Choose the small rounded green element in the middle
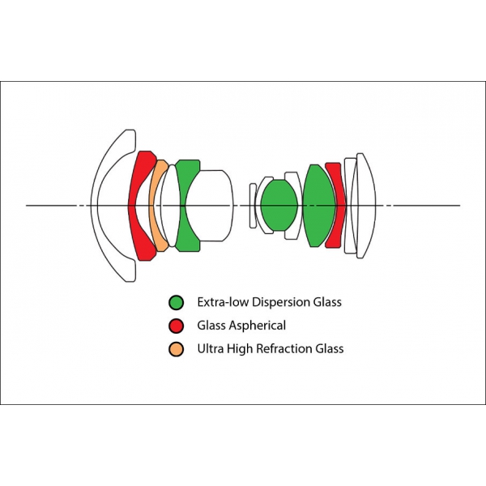click(x=279, y=205)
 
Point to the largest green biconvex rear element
click(x=318, y=206)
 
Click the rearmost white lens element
click(x=366, y=206)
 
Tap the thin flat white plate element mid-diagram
click(x=253, y=206)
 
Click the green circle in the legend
click(x=176, y=302)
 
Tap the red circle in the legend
click(x=176, y=326)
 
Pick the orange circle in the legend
click(x=176, y=349)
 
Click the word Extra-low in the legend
click(x=223, y=302)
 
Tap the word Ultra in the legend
click(x=211, y=348)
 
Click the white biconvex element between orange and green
click(x=170, y=206)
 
